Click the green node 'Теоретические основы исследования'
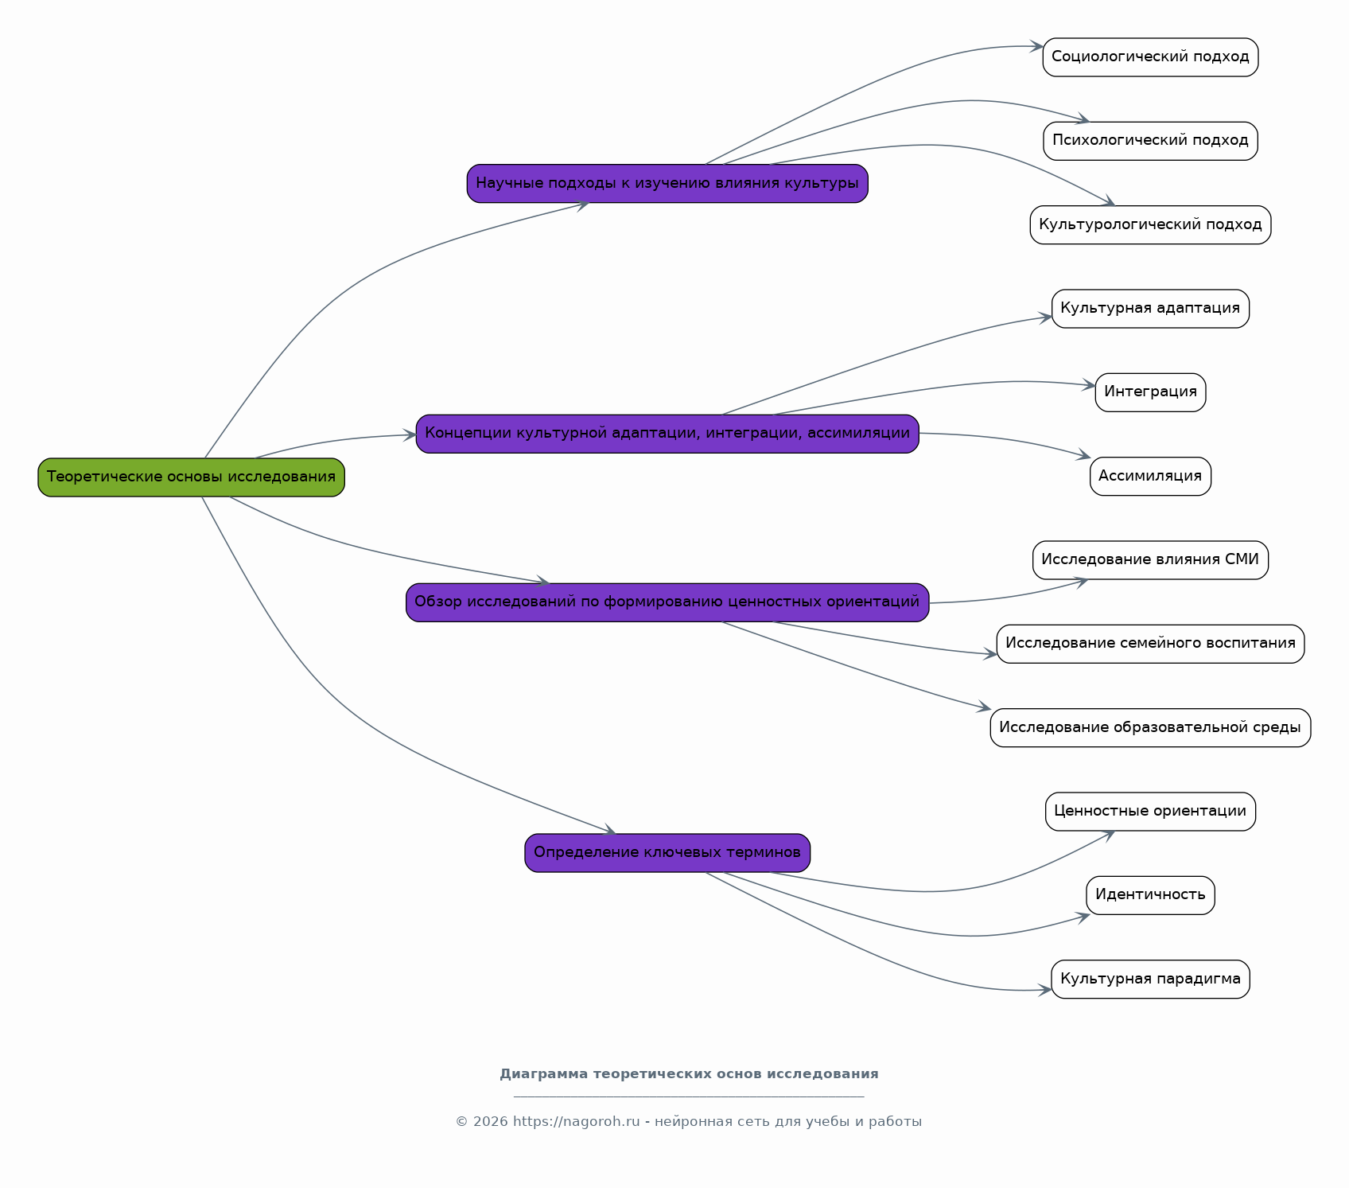click(191, 477)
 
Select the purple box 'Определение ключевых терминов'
click(667, 853)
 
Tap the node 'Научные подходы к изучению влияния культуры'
click(667, 184)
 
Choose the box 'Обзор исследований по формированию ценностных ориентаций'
click(667, 602)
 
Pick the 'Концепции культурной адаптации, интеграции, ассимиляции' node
click(667, 434)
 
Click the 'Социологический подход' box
click(1150, 57)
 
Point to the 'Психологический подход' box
click(1150, 141)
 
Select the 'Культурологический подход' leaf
click(1150, 225)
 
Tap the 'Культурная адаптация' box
click(1150, 309)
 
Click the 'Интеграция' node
click(1150, 392)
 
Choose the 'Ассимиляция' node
click(1150, 477)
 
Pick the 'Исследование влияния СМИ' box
click(1150, 560)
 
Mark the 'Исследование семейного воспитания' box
click(1150, 644)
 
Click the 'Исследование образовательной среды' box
click(1150, 728)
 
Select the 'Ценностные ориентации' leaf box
click(1150, 812)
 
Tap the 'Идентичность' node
click(1150, 895)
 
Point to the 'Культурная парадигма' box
click(1150, 980)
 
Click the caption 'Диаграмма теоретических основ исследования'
click(689, 1074)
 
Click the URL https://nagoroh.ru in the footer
click(576, 1122)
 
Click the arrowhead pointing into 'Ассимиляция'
click(1083, 456)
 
